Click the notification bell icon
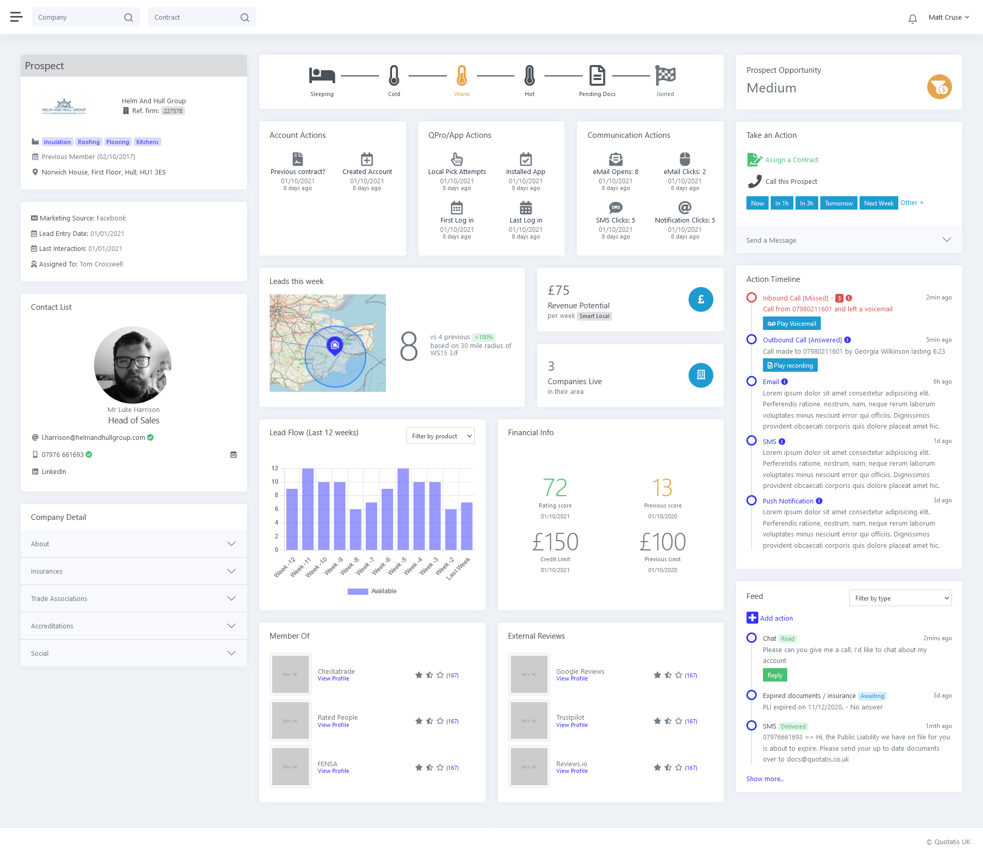point(912,19)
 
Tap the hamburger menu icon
point(17,17)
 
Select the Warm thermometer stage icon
point(461,76)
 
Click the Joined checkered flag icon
point(665,76)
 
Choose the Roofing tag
point(89,142)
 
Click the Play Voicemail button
point(791,324)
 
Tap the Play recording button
point(790,366)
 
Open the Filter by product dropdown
point(440,436)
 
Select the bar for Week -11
point(308,509)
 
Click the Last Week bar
point(466,526)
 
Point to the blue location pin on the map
point(335,344)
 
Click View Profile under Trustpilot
point(572,725)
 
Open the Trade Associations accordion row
point(133,599)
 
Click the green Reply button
point(774,675)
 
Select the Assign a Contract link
point(791,160)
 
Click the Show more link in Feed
point(764,779)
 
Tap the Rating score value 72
point(555,487)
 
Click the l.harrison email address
point(93,438)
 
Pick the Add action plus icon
point(752,618)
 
